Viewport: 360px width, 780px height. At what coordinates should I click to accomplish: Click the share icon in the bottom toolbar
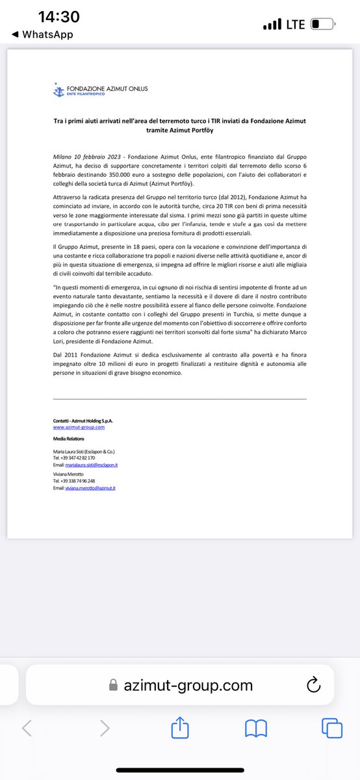coord(179,728)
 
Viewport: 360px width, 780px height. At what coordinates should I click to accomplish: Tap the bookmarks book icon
coord(255,728)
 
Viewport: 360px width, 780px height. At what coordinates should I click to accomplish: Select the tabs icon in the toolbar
coord(331,728)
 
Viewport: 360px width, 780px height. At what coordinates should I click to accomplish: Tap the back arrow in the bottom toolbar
coord(27,728)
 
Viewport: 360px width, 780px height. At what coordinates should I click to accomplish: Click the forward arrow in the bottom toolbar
coord(104,728)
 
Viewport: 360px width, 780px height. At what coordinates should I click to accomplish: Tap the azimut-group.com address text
coord(188,684)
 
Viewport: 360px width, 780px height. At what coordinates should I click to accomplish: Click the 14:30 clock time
coord(58,18)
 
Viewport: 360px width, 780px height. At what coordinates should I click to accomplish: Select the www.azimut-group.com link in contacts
coord(79,427)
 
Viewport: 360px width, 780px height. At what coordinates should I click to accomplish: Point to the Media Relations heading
coord(68,439)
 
